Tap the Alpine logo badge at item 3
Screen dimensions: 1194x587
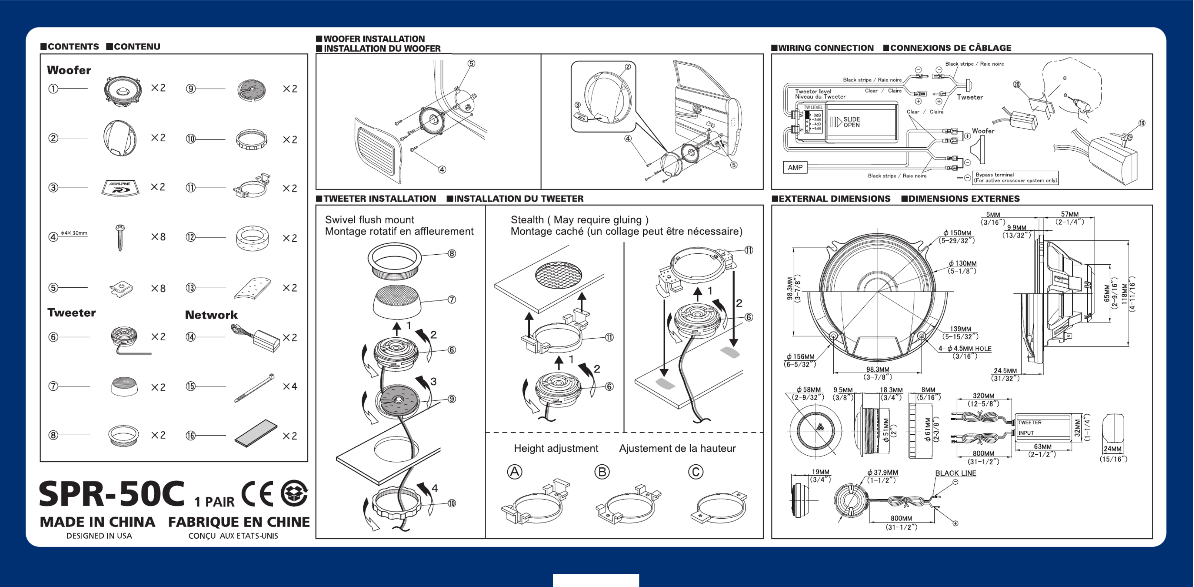120,188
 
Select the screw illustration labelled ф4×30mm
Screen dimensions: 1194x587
120,238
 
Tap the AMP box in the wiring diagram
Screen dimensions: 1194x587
795,167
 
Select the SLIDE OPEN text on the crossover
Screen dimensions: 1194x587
852,122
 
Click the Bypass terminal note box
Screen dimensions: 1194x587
1016,177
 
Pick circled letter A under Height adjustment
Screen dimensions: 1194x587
514,472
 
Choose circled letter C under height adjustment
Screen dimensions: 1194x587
695,472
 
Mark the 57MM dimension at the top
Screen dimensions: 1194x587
1070,214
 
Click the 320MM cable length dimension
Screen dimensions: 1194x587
983,396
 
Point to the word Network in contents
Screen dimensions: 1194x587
211,315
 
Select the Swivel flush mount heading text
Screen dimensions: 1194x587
369,220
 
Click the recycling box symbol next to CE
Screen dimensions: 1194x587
294,493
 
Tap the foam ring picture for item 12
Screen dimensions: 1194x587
252,238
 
